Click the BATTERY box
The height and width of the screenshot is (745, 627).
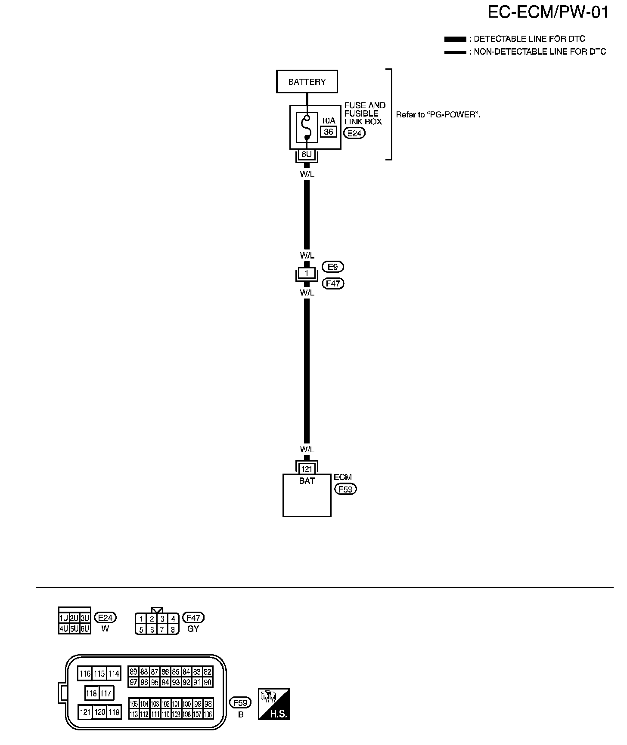[307, 81]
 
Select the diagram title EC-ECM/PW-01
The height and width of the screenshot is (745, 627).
[548, 12]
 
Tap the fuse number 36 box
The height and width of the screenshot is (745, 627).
[328, 132]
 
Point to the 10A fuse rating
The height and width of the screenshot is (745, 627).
[328, 121]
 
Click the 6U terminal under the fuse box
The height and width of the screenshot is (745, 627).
[307, 154]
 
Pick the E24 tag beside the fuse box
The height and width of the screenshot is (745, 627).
[354, 133]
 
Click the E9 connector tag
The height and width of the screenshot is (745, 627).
[333, 267]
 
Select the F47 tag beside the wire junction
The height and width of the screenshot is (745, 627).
[333, 283]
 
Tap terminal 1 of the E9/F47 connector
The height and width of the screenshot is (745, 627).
[307, 273]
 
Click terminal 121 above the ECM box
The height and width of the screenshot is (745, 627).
[307, 469]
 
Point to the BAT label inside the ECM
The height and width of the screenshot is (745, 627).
[307, 481]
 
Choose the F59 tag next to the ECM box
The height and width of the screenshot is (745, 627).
[345, 489]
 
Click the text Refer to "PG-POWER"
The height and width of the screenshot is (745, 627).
[438, 115]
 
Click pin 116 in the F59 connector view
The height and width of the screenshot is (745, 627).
[85, 674]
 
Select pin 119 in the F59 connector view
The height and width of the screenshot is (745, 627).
[114, 712]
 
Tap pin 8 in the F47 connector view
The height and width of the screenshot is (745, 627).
[173, 630]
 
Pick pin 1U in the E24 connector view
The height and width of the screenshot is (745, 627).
[64, 619]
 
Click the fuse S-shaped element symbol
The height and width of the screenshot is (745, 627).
[307, 127]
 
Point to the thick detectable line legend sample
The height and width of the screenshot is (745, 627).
[455, 39]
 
